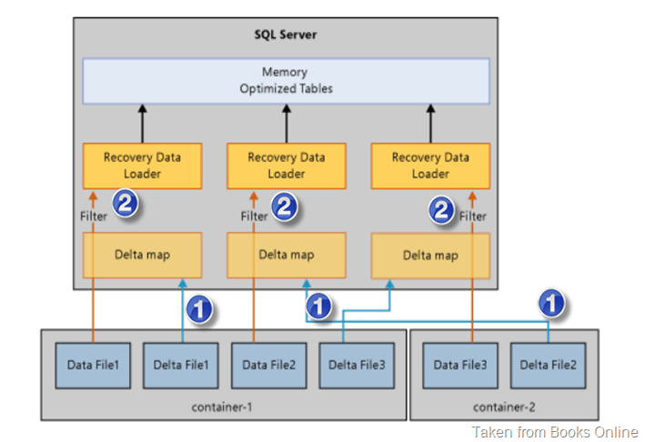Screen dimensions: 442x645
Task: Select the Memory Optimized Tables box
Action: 286,80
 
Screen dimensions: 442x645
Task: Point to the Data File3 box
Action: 459,366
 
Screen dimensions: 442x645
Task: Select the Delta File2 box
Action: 548,366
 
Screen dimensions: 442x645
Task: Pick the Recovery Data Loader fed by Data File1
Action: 142,165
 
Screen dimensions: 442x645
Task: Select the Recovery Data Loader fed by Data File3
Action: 430,165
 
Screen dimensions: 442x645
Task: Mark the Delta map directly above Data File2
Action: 287,255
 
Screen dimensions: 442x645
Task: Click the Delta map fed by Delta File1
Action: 142,255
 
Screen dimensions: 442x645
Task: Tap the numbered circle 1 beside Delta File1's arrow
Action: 199,309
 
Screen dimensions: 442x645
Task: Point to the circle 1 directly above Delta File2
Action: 551,303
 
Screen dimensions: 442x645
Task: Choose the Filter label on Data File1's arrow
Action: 93,216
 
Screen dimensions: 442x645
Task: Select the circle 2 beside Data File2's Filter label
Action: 285,206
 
